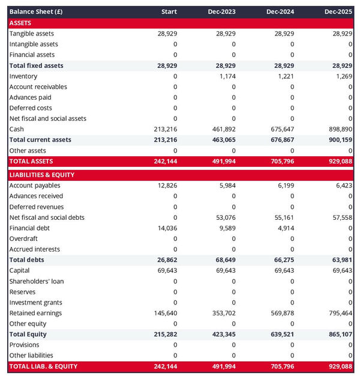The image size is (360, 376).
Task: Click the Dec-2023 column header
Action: (x=222, y=11)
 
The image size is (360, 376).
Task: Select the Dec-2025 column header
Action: (x=338, y=11)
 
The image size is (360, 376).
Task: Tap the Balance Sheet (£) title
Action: (x=36, y=11)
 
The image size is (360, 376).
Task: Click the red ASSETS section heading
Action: (x=20, y=23)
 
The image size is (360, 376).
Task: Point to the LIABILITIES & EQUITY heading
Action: (x=41, y=175)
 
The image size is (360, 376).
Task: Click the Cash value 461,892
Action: (x=223, y=129)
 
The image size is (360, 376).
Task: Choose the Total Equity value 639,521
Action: (x=281, y=334)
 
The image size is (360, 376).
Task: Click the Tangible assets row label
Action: (x=31, y=34)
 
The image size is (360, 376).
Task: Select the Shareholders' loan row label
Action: (x=37, y=281)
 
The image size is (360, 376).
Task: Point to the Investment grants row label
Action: (x=35, y=302)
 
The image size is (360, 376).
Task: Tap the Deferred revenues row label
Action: (x=36, y=207)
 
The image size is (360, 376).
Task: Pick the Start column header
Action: (x=169, y=11)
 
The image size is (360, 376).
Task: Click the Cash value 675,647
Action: (x=281, y=129)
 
